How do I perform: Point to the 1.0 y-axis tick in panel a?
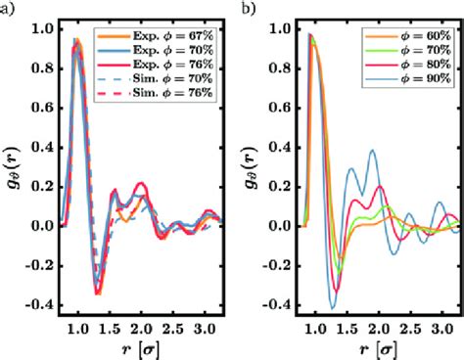pos(39,28)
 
